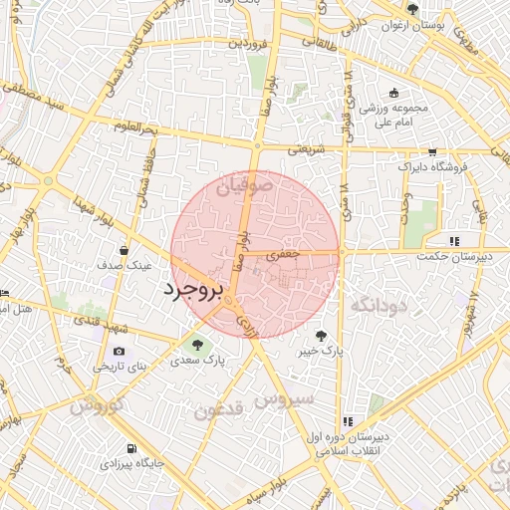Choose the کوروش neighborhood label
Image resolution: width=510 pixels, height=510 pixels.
tap(97, 405)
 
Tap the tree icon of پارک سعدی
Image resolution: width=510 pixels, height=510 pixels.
tap(196, 346)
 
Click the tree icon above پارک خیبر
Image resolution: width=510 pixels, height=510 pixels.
tap(320, 336)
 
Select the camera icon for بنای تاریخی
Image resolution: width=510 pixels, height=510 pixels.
tap(120, 352)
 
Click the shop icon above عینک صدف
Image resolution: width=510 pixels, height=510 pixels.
tap(123, 251)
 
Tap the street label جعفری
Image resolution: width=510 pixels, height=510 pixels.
tap(288, 255)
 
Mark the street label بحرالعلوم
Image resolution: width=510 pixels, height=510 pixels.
tap(135, 128)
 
